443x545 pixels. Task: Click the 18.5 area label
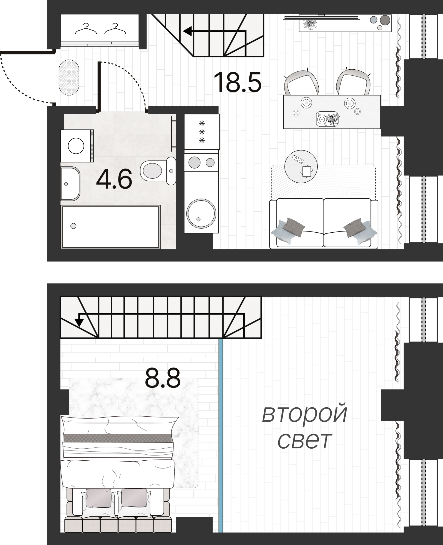click(237, 82)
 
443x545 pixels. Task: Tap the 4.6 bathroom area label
click(114, 179)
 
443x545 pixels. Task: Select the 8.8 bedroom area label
click(163, 378)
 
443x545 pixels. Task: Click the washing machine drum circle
click(76, 146)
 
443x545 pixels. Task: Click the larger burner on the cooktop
click(194, 162)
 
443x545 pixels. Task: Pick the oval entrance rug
click(69, 77)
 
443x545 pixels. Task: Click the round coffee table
click(301, 166)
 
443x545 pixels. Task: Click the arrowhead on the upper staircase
click(188, 31)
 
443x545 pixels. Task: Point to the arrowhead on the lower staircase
click(79, 323)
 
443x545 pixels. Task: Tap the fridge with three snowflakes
click(202, 132)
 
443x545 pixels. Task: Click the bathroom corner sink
click(69, 184)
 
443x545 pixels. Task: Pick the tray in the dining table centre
click(327, 119)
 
